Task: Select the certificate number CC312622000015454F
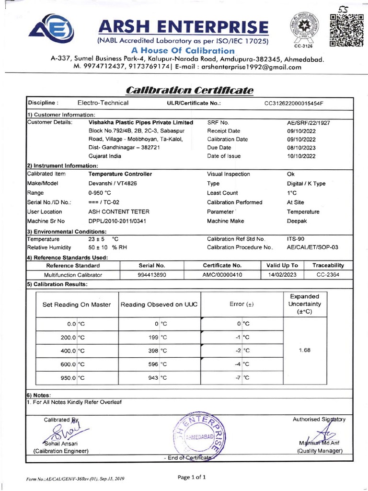coord(294,103)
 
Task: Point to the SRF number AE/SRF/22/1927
coord(308,123)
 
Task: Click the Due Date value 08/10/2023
coord(302,148)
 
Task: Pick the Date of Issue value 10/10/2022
coord(302,156)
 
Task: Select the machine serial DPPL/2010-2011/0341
coord(117,221)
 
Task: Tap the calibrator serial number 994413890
coord(151,275)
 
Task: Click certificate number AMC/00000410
coord(222,275)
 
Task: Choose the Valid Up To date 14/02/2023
coord(282,275)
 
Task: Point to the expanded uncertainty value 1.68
coord(305,350)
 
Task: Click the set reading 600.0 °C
coord(72,364)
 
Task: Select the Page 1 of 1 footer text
coord(192,477)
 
